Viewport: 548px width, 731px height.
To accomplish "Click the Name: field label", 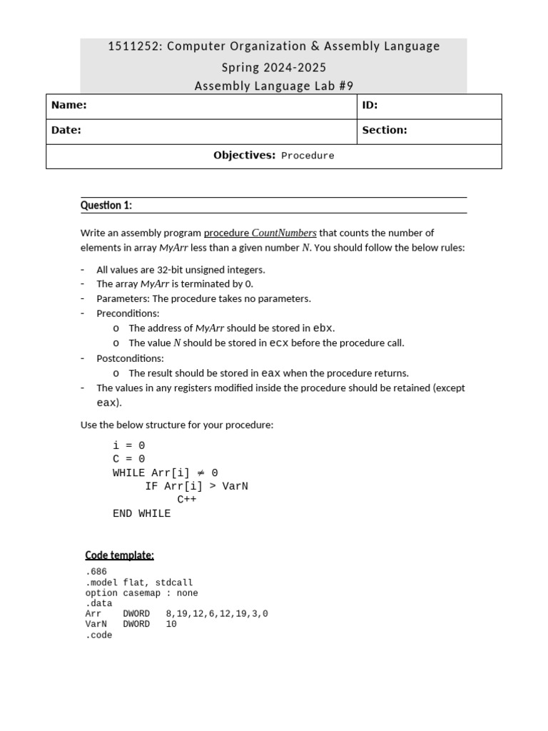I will point(68,106).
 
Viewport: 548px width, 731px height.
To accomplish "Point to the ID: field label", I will point(370,106).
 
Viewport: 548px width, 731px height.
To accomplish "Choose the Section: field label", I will point(385,130).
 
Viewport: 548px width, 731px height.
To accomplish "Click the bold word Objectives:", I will point(244,156).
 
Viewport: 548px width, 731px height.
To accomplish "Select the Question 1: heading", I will point(106,206).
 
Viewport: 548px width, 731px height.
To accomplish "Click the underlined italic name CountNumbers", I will point(284,233).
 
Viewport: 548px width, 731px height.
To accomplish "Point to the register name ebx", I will point(323,328).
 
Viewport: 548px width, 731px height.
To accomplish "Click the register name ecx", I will point(278,343).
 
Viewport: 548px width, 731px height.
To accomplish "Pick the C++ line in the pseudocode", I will point(187,500).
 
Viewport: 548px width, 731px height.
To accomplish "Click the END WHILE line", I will point(141,513).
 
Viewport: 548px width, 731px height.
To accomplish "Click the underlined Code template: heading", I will point(119,555).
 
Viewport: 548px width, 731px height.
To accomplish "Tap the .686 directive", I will point(96,573).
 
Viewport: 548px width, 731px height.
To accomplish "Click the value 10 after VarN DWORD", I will point(171,625).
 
